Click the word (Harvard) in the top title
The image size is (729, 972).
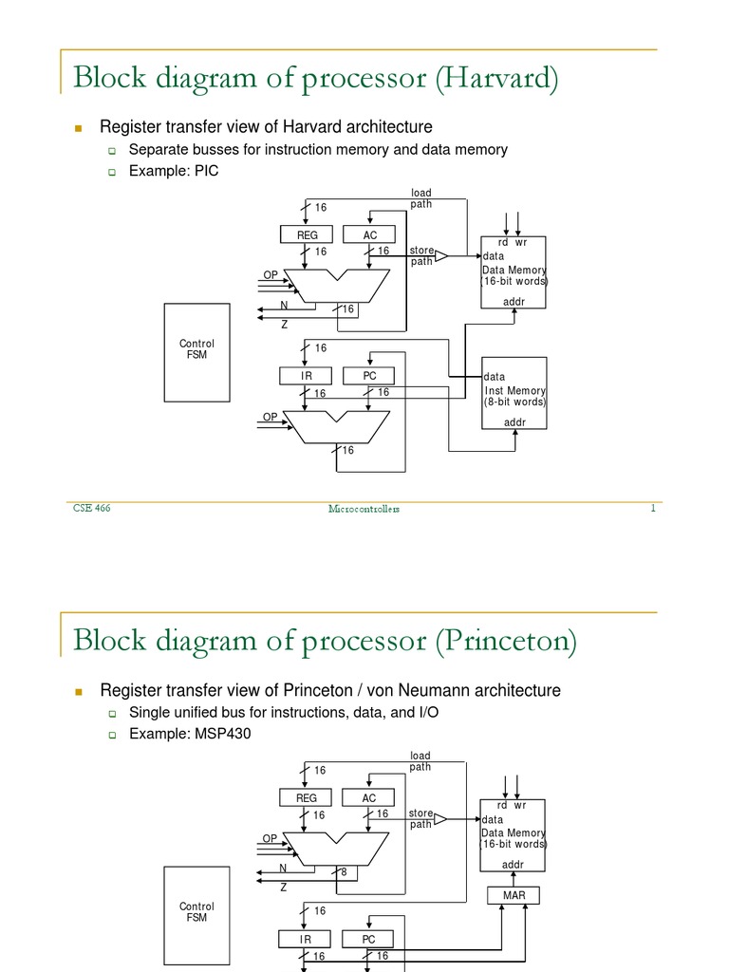pos(496,79)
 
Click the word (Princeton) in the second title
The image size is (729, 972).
pos(506,642)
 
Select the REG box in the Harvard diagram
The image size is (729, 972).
pos(307,234)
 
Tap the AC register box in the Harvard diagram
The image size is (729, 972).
pos(370,234)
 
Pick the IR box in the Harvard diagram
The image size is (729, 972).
pos(307,376)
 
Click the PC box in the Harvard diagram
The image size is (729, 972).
pos(370,376)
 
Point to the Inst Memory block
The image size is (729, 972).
pos(514,393)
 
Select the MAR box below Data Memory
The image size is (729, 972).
pos(514,895)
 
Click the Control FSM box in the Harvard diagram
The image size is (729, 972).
pos(197,351)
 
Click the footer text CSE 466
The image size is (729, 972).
pos(92,509)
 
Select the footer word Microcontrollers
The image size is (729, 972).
pos(364,509)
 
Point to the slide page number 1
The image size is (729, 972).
pos(653,508)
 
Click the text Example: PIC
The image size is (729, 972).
pos(166,172)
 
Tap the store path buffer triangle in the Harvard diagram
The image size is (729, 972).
pos(440,255)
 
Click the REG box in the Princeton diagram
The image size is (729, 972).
pos(307,798)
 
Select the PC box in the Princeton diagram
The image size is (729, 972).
pos(370,939)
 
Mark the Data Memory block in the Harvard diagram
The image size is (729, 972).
pos(514,272)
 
